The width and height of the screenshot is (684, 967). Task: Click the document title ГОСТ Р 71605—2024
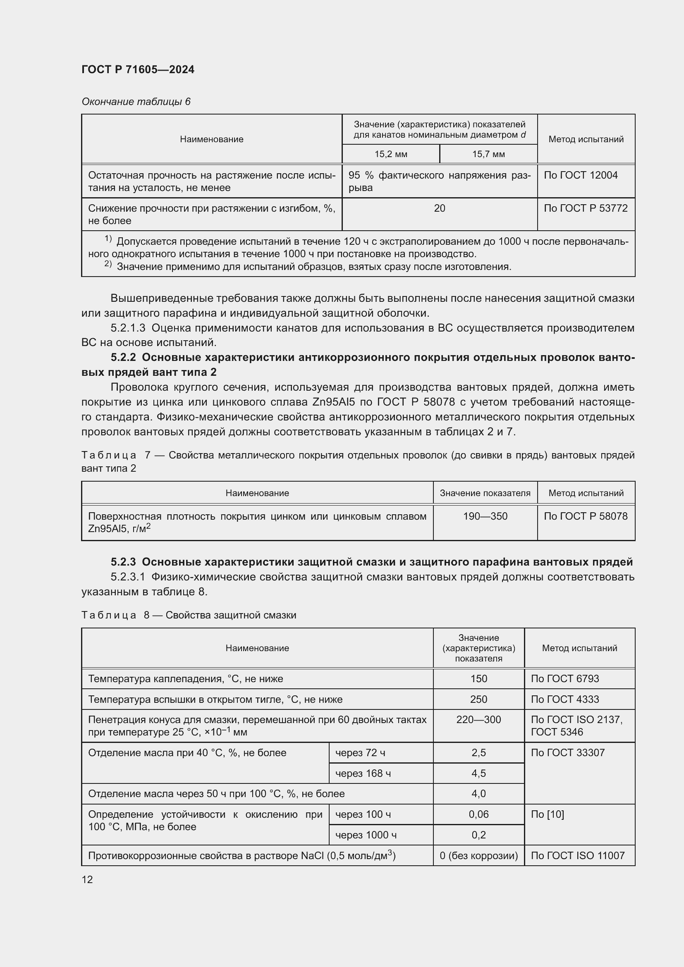pos(138,69)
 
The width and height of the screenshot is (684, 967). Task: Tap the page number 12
pos(87,879)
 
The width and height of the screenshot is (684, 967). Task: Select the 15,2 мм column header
pos(391,154)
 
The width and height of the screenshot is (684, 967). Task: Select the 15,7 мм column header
pos(488,154)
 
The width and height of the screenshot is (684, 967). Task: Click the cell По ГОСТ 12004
pos(580,175)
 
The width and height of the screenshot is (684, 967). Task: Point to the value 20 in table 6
pos(439,208)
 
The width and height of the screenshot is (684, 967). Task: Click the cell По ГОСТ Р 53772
pos(586,208)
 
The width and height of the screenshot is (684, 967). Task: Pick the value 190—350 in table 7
pos(485,516)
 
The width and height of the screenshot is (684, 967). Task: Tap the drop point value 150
pos(478,679)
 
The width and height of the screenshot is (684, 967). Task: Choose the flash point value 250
pos(478,700)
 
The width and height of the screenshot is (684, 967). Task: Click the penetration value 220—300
pos(478,720)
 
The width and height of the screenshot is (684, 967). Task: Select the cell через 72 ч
pos(360,753)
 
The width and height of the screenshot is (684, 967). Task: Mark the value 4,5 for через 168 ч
pos(478,774)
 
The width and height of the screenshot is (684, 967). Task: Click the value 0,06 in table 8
pos(478,814)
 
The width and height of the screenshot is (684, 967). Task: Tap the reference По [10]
pos(547,814)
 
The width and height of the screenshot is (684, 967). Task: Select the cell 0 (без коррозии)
pos(478,856)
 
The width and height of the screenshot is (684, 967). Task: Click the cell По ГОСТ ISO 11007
pos(577,856)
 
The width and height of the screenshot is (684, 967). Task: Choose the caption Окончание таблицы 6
pos(136,102)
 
